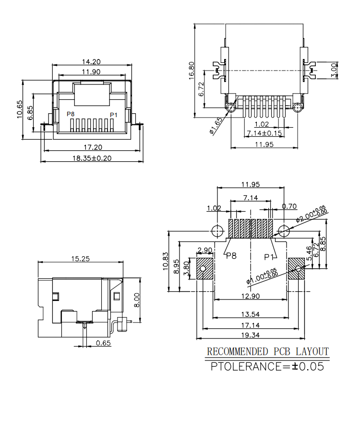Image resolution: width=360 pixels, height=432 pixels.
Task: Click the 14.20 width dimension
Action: tap(91, 61)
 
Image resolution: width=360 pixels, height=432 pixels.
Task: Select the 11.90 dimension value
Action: tap(91, 72)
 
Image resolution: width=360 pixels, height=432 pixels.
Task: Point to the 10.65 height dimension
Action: tap(20, 109)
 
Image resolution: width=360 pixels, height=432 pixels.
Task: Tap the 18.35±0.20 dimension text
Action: tap(92, 158)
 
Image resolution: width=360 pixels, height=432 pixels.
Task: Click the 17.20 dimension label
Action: tap(93, 147)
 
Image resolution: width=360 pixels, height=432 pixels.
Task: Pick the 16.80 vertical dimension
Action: tap(192, 71)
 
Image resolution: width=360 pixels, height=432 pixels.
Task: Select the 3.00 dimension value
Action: tap(334, 71)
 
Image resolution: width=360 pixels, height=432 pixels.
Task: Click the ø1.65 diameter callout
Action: tap(216, 126)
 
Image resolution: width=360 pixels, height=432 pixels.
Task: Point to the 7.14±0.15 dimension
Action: tap(264, 133)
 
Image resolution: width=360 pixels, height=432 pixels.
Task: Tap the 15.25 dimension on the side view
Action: tap(81, 259)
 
